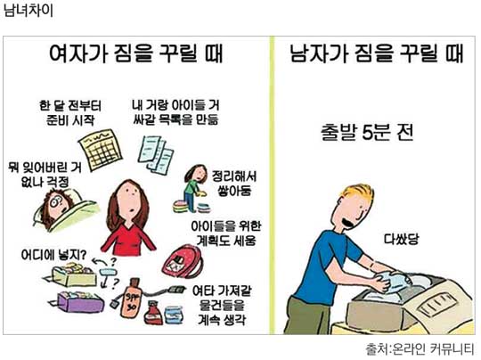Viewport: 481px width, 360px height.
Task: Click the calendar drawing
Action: tap(101, 150)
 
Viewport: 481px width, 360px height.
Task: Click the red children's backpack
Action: tap(182, 262)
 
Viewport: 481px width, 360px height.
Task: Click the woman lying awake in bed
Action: tap(65, 208)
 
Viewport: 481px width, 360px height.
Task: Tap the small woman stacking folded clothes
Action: tap(193, 188)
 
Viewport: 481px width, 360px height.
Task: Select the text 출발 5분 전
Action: tap(367, 133)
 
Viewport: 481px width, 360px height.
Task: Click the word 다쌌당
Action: tap(402, 239)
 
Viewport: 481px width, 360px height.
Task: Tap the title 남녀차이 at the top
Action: tap(29, 10)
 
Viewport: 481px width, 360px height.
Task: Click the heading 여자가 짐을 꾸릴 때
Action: tap(136, 53)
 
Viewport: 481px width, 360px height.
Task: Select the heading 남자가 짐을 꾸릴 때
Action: tap(376, 53)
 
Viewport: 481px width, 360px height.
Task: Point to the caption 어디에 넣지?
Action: tap(53, 255)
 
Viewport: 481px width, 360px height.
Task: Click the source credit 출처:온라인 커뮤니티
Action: tap(420, 349)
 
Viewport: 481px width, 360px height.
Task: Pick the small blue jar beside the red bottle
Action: tap(174, 315)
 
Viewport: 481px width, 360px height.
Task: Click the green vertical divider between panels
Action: tap(272, 185)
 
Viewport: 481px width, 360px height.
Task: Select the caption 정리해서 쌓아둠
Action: tap(234, 184)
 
